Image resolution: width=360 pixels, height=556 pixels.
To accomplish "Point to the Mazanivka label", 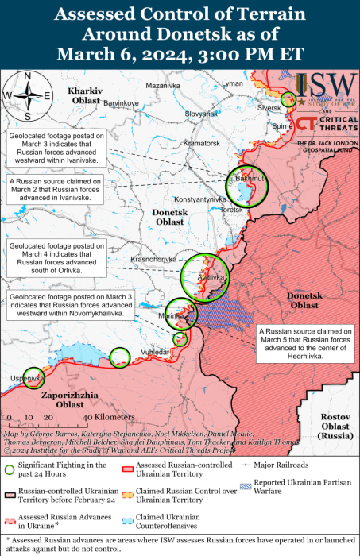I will (164, 85).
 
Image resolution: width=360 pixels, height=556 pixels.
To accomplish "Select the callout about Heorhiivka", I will (304, 344).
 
